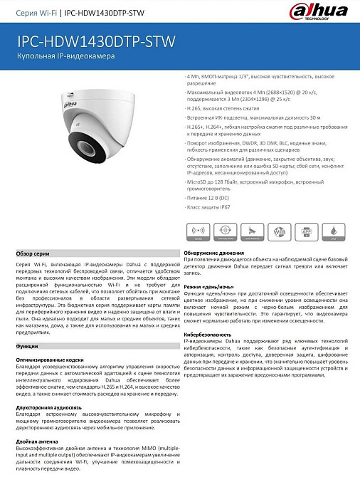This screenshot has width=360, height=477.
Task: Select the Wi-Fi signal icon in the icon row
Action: point(198,231)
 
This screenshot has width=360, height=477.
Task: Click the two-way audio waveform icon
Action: point(226,231)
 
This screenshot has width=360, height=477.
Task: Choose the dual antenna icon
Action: point(253,231)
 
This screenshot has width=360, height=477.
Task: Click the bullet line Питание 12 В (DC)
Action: point(209,197)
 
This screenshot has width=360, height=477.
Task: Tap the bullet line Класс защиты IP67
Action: point(209,207)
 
